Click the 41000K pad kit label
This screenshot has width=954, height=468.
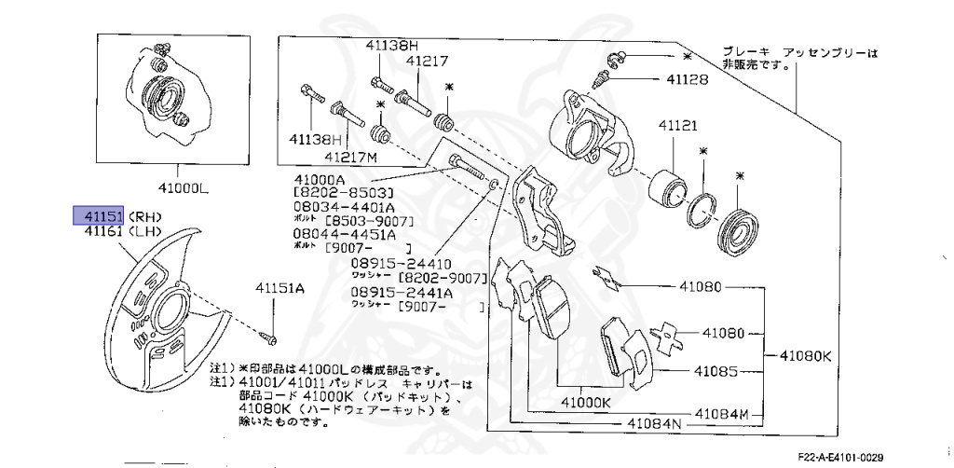pos(584,402)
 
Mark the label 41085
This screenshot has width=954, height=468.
pos(715,371)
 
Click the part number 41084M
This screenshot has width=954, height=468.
pos(721,412)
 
